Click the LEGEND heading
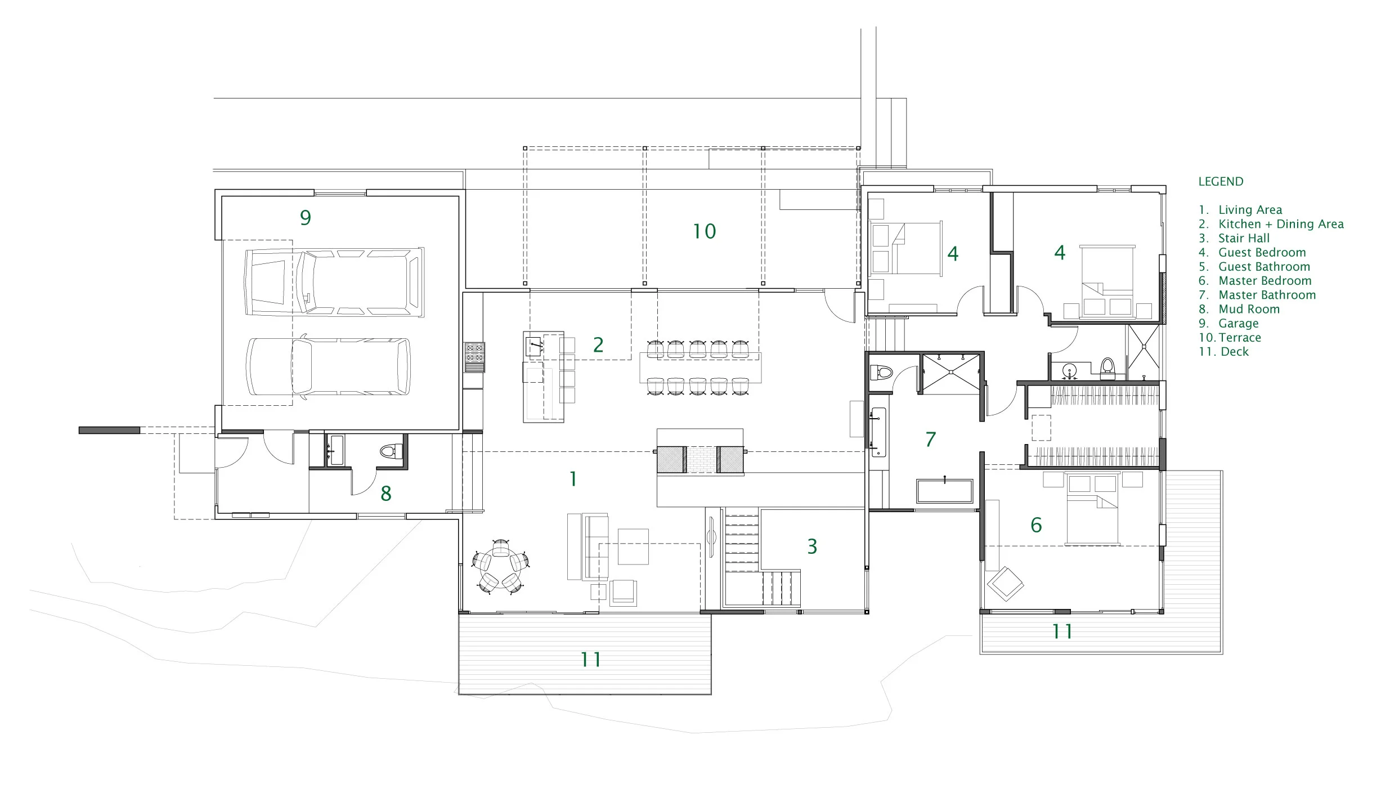pyautogui.click(x=1220, y=182)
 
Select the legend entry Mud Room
pyautogui.click(x=1249, y=309)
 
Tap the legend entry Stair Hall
pyautogui.click(x=1244, y=238)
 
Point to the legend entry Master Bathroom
pyautogui.click(x=1267, y=295)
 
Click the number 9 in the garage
pyautogui.click(x=305, y=218)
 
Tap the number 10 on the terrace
pyautogui.click(x=704, y=231)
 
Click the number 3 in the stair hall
pyautogui.click(x=811, y=546)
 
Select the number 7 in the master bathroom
pyautogui.click(x=930, y=440)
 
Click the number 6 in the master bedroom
pyautogui.click(x=1035, y=525)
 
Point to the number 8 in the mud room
pyautogui.click(x=385, y=494)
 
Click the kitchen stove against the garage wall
pyautogui.click(x=474, y=357)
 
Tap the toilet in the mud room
pyautogui.click(x=391, y=451)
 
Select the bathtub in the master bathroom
pyautogui.click(x=944, y=491)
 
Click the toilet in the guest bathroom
pyautogui.click(x=1107, y=366)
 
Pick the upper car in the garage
pyautogui.click(x=334, y=281)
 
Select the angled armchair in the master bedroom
pyautogui.click(x=1005, y=584)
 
